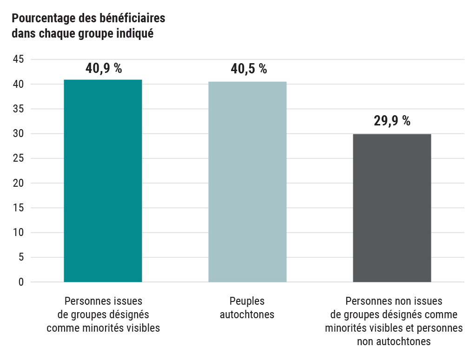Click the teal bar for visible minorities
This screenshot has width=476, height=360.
(103, 181)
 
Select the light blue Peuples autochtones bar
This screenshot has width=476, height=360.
(247, 182)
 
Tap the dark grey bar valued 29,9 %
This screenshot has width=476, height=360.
(392, 208)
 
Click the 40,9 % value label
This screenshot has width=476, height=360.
(104, 68)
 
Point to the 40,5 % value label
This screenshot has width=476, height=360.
(249, 69)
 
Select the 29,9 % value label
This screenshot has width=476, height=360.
(392, 121)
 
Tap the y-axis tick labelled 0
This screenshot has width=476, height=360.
(21, 282)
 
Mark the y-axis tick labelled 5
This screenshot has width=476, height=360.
(21, 257)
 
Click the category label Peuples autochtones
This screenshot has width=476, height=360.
(247, 308)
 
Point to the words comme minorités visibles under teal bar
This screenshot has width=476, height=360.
(103, 328)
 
